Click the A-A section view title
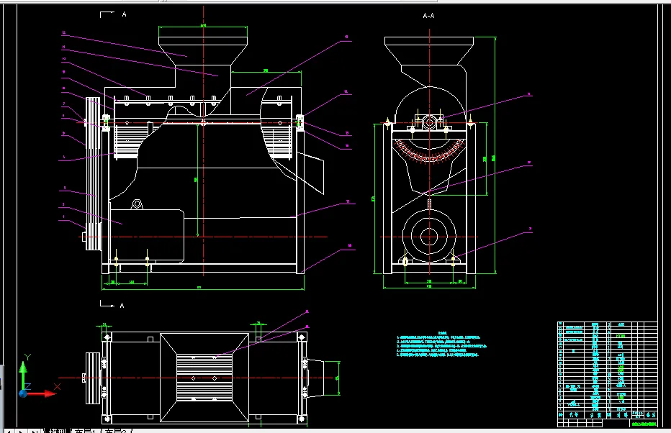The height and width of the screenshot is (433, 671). pyautogui.click(x=429, y=15)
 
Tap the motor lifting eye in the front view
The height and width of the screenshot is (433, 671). pyautogui.click(x=137, y=204)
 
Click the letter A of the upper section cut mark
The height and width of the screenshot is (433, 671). pyautogui.click(x=124, y=14)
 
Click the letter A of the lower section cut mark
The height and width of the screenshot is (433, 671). pyautogui.click(x=122, y=306)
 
